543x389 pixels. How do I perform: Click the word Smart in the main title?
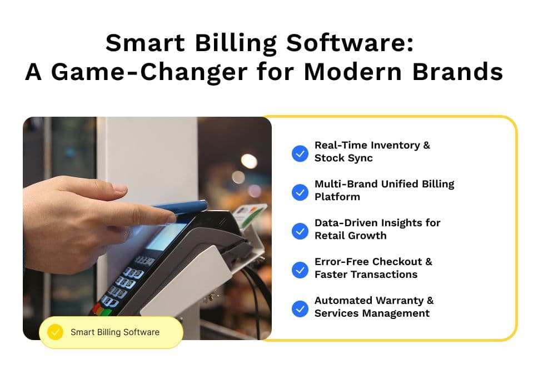[145, 43]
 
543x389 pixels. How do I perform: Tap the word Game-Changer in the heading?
[150, 72]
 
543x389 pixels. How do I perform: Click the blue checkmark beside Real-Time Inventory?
[300, 153]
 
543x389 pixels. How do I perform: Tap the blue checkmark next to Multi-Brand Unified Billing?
[300, 192]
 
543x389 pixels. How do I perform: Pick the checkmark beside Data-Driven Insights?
[300, 231]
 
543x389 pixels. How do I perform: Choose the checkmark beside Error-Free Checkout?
[300, 270]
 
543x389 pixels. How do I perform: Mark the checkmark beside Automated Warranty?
[300, 308]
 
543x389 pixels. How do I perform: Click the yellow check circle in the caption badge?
[55, 332]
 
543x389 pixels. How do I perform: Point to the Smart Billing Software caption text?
[115, 332]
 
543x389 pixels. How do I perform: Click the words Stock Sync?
[343, 158]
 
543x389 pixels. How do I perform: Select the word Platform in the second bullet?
[337, 197]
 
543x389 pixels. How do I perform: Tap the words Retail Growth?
[351, 236]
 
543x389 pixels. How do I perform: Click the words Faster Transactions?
[366, 275]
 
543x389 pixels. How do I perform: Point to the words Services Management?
[372, 313]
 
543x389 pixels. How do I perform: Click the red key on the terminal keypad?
[96, 308]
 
